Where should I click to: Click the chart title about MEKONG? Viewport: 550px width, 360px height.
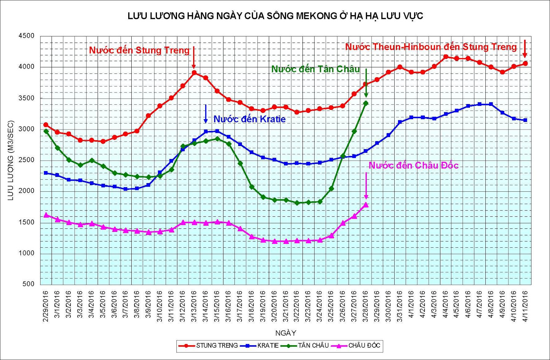coord(275,16)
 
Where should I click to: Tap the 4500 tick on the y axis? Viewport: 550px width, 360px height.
coord(26,36)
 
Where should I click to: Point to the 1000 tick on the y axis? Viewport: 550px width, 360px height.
coord(26,253)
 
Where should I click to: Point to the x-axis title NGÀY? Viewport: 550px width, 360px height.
coord(286,333)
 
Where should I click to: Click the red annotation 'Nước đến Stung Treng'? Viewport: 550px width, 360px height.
coord(139,50)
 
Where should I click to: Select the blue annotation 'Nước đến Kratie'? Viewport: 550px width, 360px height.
coord(249,119)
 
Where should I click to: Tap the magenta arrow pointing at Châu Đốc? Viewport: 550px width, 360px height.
coord(366,185)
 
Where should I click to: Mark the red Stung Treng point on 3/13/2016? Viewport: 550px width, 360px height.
coord(194,72)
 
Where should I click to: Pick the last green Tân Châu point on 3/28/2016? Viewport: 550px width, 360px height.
coord(366,103)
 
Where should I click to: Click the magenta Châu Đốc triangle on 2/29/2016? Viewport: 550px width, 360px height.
coord(46,215)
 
